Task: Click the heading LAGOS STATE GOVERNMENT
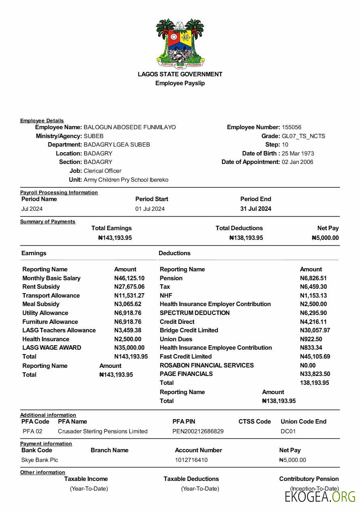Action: [180, 74]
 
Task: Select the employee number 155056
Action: [291, 127]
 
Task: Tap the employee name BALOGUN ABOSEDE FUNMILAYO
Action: [130, 127]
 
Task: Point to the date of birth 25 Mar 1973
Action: [298, 153]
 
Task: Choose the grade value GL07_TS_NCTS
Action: [303, 136]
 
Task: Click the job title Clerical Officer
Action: [103, 171]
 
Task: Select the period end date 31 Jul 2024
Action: [256, 209]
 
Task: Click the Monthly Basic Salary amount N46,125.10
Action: [129, 278]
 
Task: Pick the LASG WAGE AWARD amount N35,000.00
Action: [129, 348]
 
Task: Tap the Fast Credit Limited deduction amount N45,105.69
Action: [315, 357]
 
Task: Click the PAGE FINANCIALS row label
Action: [186, 374]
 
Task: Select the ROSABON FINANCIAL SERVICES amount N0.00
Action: [308, 365]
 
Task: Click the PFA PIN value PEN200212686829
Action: [198, 431]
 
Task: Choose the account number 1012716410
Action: [191, 460]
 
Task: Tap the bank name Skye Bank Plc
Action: [40, 460]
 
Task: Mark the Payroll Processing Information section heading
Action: [59, 193]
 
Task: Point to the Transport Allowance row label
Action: [51, 296]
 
